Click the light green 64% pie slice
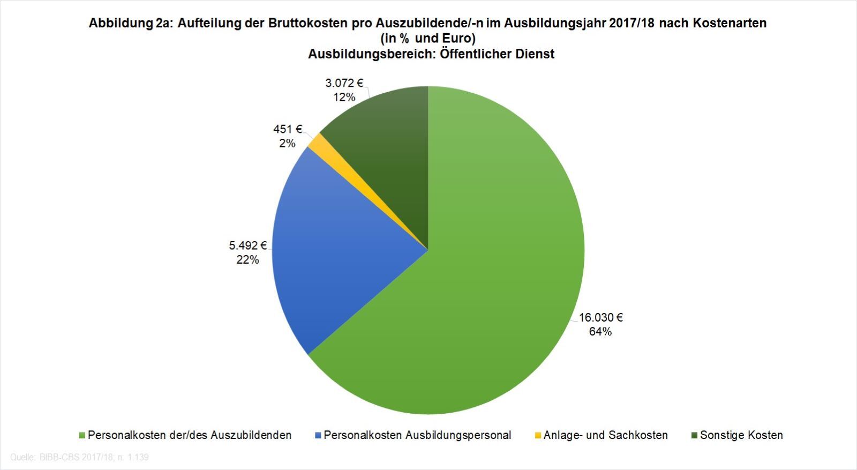(482, 279)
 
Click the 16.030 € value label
(600, 317)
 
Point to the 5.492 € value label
(248, 245)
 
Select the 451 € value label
(288, 129)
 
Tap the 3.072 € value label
(344, 83)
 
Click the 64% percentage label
(600, 332)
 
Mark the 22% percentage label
(247, 260)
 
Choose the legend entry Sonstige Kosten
(741, 435)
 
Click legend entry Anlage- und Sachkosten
(605, 435)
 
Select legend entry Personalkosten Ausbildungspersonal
(417, 435)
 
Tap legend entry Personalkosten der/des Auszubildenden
(190, 435)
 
